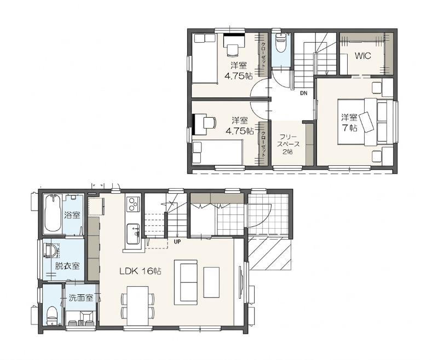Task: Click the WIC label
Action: pos(363,56)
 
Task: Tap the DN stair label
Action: pos(304,93)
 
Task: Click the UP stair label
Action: pos(177,242)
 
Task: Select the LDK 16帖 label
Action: pos(140,271)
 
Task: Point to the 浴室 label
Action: pos(72,215)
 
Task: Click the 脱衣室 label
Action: pos(67,266)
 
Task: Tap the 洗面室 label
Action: pos(81,298)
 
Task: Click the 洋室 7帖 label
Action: pos(349,122)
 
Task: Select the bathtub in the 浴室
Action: pos(53,213)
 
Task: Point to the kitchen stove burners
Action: pos(132,204)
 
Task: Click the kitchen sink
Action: pos(133,234)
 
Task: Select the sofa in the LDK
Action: pos(186,282)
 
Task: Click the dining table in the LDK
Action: pos(137,306)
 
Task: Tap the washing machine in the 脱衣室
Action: pos(51,250)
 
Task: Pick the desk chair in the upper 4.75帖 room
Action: pos(232,50)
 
